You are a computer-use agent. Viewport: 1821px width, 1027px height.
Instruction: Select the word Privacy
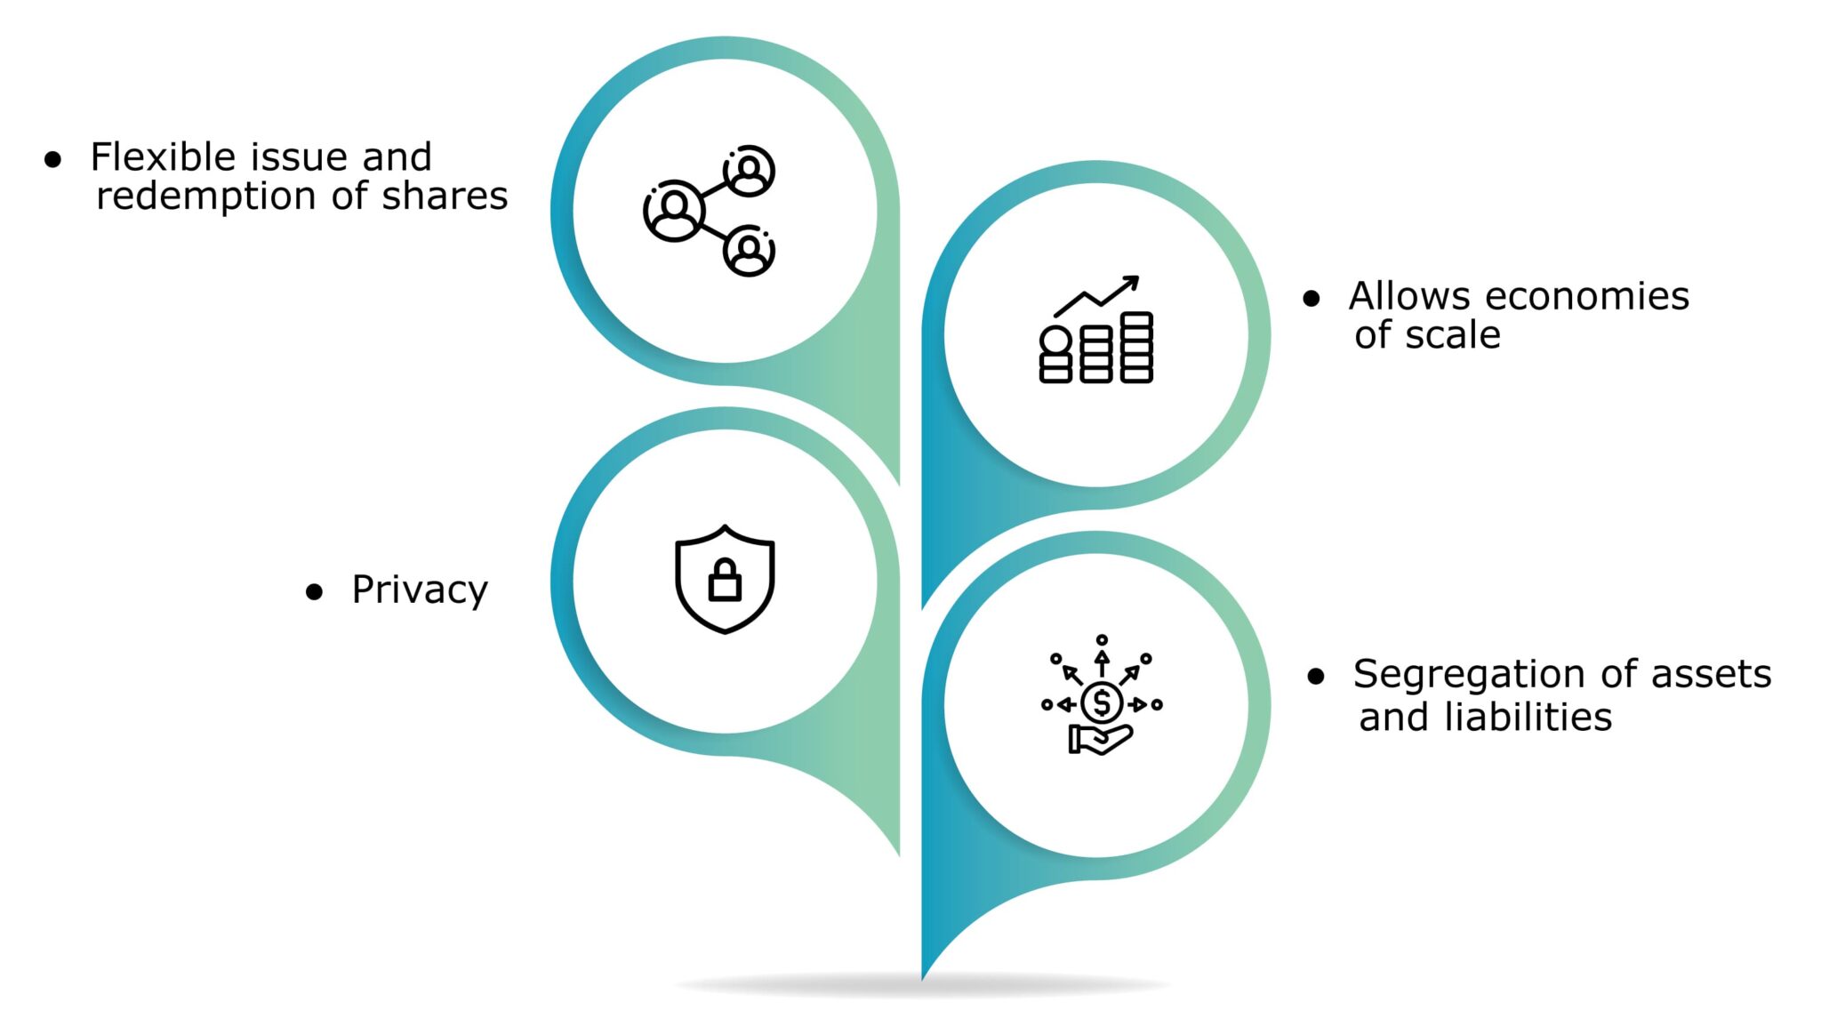coord(420,590)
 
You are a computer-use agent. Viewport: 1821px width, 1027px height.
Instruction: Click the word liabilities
coord(1528,717)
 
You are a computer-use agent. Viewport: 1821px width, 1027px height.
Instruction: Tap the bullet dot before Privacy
coord(314,592)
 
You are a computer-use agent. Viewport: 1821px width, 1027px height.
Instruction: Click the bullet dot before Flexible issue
coord(53,160)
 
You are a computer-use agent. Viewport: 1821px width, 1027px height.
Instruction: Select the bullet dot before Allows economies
coord(1311,299)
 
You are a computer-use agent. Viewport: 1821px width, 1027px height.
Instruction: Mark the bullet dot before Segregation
coord(1316,678)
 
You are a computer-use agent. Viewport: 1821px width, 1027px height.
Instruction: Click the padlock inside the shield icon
coord(725,581)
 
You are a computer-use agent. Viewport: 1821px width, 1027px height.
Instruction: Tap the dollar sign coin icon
coord(1102,703)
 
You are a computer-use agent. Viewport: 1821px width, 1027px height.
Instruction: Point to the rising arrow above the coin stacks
coord(1096,295)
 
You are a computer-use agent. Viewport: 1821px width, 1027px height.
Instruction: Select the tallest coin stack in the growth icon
coord(1136,347)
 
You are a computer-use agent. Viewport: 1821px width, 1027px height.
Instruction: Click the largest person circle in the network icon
coord(674,211)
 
